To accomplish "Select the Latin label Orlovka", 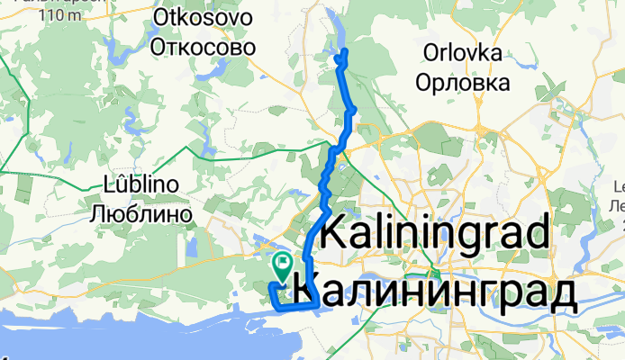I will pos(458,54).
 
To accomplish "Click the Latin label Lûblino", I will pos(143,185).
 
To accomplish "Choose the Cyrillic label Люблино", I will pos(143,214).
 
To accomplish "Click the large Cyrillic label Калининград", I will pos(435,292).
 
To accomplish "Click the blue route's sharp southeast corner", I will pos(314,305).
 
